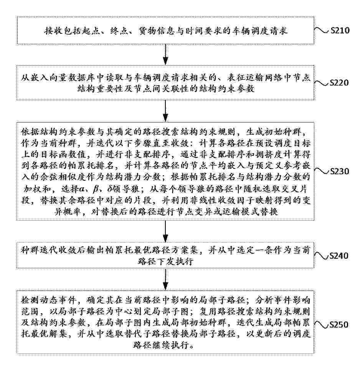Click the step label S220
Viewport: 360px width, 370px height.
click(340, 83)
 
